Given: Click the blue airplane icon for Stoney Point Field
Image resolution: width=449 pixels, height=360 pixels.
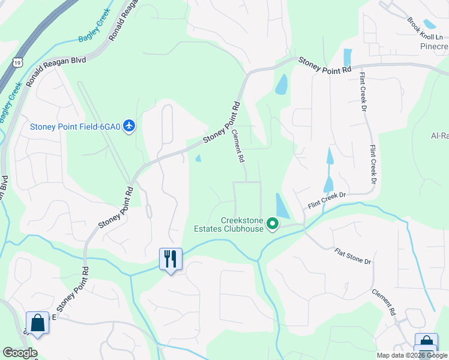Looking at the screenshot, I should [130, 126].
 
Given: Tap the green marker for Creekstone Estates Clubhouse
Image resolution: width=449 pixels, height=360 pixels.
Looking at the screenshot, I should [273, 224].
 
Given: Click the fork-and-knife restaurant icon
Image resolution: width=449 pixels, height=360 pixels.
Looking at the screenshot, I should [170, 259].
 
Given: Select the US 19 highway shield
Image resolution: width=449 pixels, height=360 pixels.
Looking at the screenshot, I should [17, 62].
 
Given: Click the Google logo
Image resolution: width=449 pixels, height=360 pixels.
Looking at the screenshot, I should [20, 353].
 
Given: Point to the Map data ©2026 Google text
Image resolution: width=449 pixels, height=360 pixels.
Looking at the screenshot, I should [411, 355].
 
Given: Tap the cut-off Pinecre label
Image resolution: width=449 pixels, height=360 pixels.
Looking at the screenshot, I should [434, 46].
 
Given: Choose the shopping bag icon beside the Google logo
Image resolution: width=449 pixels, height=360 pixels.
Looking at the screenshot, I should [37, 323].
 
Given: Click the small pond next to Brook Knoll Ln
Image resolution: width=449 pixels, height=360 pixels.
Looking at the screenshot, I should [429, 24].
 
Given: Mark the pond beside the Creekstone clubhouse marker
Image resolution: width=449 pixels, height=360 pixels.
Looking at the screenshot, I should [282, 206].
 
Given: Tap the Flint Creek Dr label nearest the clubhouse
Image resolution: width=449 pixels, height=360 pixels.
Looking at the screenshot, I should [328, 199].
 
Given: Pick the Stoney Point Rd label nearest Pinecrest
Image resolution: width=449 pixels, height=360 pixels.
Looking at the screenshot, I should [324, 65].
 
